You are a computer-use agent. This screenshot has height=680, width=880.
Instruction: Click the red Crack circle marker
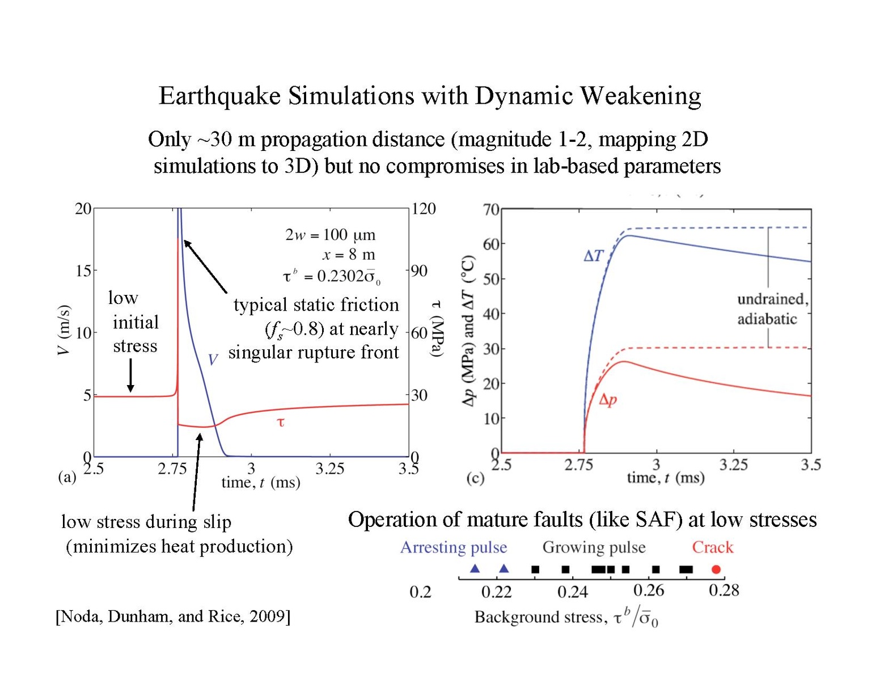click(x=716, y=569)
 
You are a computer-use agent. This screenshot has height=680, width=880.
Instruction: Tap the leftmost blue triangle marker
click(x=475, y=569)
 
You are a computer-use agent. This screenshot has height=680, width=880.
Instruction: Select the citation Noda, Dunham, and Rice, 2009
click(x=173, y=616)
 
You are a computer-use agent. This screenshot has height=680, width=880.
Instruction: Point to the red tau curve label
click(x=280, y=422)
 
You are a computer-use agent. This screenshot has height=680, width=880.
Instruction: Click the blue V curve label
click(x=213, y=360)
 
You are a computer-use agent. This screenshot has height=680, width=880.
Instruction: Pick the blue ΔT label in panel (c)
click(x=594, y=256)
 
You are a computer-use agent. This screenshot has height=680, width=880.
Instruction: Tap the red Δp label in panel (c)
click(x=608, y=400)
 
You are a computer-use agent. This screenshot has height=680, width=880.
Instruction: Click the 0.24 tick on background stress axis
click(x=573, y=592)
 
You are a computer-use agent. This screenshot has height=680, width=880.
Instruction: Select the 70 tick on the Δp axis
click(x=491, y=210)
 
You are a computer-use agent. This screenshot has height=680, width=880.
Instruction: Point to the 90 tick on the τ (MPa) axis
click(x=419, y=271)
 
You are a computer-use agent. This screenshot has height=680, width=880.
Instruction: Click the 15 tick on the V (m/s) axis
click(x=83, y=271)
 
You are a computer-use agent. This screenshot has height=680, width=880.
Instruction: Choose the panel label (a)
click(x=67, y=477)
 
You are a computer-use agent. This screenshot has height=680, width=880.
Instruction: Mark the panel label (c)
click(x=475, y=478)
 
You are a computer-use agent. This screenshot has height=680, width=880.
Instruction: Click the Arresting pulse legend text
click(x=454, y=547)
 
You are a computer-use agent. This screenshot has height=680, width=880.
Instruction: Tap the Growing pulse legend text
click(x=594, y=547)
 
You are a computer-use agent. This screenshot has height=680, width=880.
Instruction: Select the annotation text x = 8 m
click(x=349, y=255)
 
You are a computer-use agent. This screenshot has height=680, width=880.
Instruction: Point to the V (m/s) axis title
click(x=64, y=330)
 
